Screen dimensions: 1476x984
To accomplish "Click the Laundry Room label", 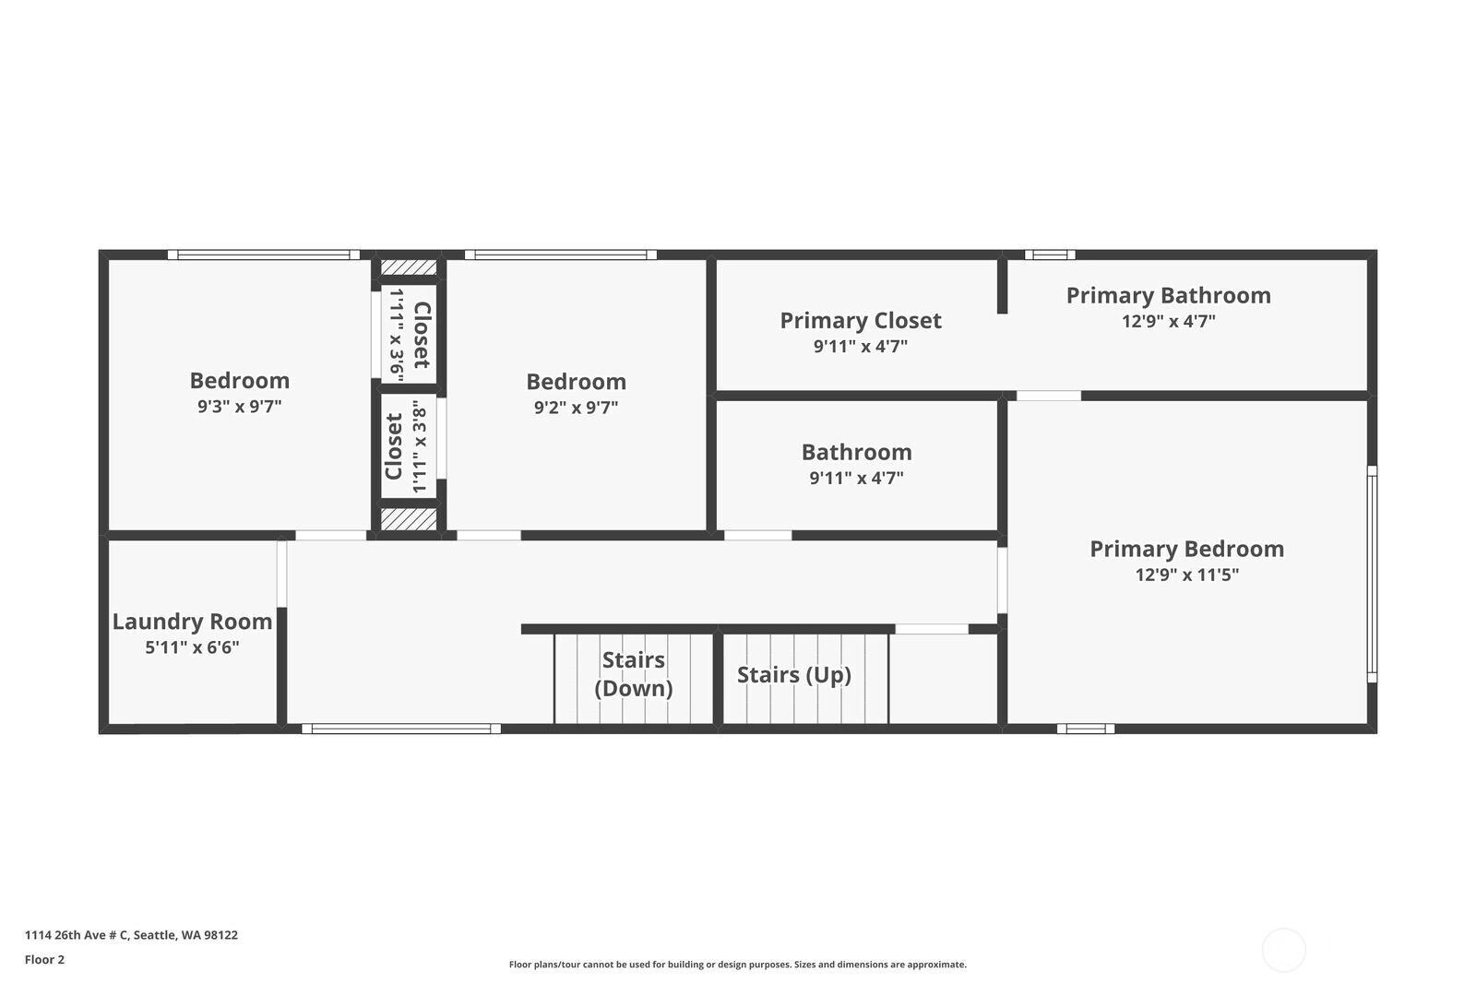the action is pyautogui.click(x=193, y=621).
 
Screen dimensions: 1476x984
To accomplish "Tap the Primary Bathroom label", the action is pyautogui.click(x=1168, y=296).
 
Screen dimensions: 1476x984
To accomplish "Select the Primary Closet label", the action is pyautogui.click(x=861, y=321).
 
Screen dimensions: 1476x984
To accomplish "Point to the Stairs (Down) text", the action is pyautogui.click(x=634, y=674).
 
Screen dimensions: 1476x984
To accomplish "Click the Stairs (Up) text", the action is pyautogui.click(x=794, y=675).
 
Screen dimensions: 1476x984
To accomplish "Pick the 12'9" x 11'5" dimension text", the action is pyautogui.click(x=1186, y=575).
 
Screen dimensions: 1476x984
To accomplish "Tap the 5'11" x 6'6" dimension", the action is pyautogui.click(x=192, y=646).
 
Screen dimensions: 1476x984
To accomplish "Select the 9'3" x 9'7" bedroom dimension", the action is pyautogui.click(x=239, y=406).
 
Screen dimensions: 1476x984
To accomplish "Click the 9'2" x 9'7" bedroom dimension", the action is pyautogui.click(x=576, y=407).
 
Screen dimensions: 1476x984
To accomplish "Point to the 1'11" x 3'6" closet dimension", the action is pyautogui.click(x=396, y=335).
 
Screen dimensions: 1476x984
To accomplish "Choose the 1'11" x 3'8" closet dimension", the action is pyautogui.click(x=420, y=446).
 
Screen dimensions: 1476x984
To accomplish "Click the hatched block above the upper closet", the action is pyautogui.click(x=409, y=267).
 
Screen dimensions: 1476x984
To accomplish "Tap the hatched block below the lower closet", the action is pyautogui.click(x=409, y=519).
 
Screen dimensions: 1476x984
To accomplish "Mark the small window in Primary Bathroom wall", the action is pyautogui.click(x=1050, y=255).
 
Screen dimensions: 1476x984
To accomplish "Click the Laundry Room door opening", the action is pyautogui.click(x=281, y=574).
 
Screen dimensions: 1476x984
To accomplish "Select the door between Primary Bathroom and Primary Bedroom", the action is pyautogui.click(x=1048, y=396).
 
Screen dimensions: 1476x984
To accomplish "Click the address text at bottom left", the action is pyautogui.click(x=131, y=934).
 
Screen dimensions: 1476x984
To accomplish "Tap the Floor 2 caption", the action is pyautogui.click(x=45, y=960).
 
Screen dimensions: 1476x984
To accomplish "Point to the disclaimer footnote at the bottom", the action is pyautogui.click(x=737, y=965).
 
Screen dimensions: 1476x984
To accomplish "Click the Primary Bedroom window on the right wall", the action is pyautogui.click(x=1372, y=575).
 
